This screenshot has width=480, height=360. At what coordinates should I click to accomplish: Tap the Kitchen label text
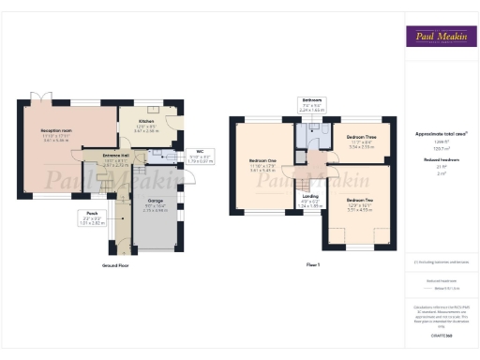[x=146, y=122]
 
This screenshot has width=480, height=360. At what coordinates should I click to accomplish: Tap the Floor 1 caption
[x=313, y=266]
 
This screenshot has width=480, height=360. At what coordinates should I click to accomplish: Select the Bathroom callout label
[x=312, y=98]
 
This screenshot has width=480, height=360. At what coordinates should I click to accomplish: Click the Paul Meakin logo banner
[x=440, y=37]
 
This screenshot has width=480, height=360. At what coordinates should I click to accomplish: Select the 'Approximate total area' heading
[x=441, y=135]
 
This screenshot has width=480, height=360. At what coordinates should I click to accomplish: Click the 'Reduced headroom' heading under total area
[x=440, y=160]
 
